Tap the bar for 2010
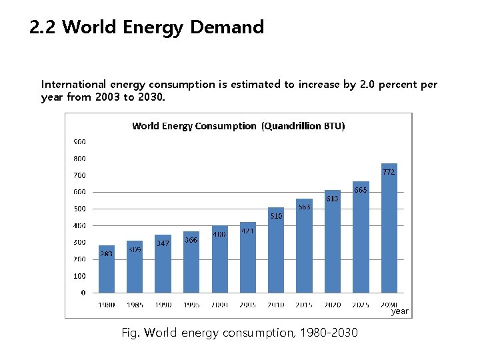pos(276,250)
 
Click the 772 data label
pos(389,171)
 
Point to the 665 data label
pos(360,190)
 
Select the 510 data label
pos(276,216)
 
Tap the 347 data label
pos(163,243)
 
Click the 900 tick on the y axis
pos(79,141)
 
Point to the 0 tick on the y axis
pos(83,292)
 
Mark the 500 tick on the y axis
pos(79,209)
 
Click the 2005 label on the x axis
pos(247,305)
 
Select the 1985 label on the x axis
pos(135,305)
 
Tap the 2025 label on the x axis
pos(360,305)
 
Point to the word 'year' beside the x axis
pos(400,311)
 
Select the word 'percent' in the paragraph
pos(401,85)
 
